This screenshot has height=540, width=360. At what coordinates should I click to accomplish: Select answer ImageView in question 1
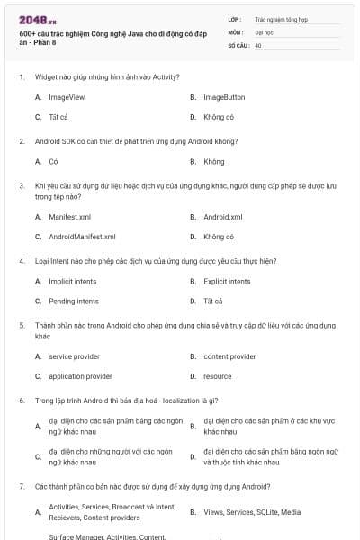(67, 97)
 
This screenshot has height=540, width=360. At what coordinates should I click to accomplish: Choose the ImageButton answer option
(223, 97)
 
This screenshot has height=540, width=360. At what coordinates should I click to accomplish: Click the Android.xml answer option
(222, 217)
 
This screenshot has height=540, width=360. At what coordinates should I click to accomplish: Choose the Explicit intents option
(227, 282)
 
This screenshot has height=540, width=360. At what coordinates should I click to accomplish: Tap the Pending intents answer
(74, 301)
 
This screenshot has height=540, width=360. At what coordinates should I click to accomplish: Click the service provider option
(74, 356)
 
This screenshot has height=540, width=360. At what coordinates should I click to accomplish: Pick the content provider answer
(229, 356)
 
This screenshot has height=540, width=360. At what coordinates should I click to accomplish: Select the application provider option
(80, 376)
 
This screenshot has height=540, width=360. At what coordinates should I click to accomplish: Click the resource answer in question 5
(217, 376)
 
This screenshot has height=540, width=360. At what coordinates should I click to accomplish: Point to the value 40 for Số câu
(258, 44)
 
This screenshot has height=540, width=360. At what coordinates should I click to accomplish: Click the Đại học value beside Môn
(263, 31)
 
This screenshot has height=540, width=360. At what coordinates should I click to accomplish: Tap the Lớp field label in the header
(235, 18)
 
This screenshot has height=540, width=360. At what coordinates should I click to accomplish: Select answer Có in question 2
(53, 162)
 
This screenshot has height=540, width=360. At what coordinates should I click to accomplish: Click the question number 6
(22, 399)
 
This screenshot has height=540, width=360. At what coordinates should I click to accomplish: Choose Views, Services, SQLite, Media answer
(252, 512)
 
